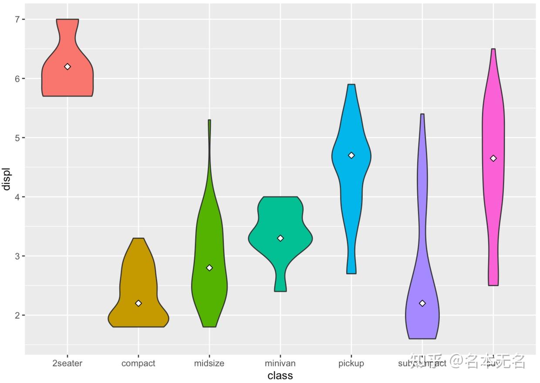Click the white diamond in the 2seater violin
[67, 67]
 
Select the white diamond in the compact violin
[138, 303]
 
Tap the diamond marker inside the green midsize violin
[209, 268]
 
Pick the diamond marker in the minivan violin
[280, 238]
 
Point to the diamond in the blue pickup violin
[351, 156]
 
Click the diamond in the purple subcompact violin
[422, 303]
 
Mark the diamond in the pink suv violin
[493, 159]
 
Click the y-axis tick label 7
[18, 20]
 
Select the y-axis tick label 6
[18, 79]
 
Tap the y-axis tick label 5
[18, 138]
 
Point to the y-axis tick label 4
[18, 197]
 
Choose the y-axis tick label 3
[18, 256]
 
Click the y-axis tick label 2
[18, 315]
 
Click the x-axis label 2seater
[67, 363]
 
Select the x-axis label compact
[138, 363]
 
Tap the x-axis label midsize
[209, 363]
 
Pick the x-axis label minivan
[280, 363]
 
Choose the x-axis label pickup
[351, 363]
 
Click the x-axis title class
[280, 376]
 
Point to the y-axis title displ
[6, 179]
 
